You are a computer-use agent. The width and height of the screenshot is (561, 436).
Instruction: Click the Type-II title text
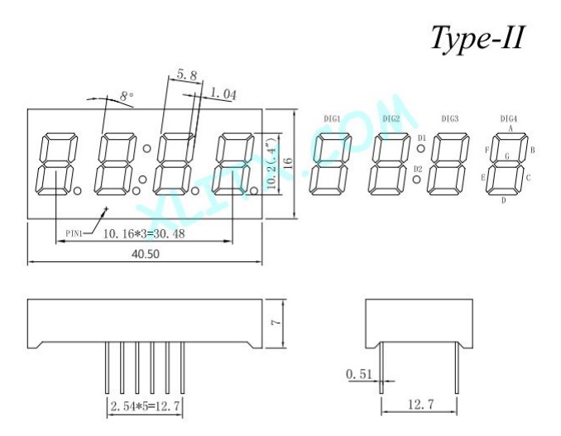click(477, 39)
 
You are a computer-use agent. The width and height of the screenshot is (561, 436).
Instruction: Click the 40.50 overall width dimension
click(146, 254)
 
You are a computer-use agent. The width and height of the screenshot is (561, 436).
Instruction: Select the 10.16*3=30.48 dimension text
click(144, 234)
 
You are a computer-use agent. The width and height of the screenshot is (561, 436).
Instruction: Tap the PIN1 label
click(74, 234)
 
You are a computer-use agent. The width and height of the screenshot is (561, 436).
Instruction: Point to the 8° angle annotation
click(127, 96)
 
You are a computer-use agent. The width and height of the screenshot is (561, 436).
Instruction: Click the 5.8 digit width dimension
click(187, 75)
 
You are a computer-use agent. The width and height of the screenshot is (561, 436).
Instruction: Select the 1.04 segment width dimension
click(223, 94)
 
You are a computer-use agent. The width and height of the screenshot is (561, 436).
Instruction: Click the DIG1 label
click(332, 119)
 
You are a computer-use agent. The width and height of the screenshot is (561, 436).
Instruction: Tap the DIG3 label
click(450, 119)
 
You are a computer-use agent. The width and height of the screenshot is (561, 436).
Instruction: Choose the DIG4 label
click(508, 119)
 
